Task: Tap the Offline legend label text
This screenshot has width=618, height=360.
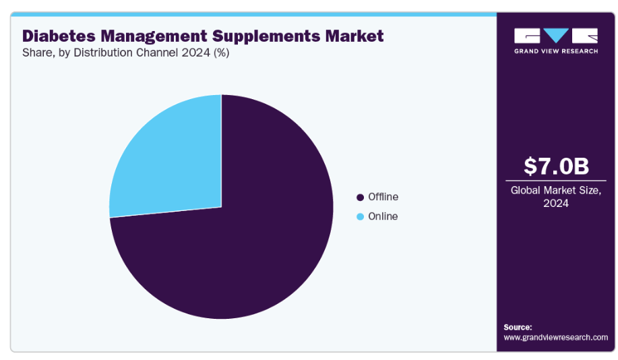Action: (383, 197)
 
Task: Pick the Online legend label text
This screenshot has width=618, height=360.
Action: (383, 216)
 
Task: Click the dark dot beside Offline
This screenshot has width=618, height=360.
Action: (360, 198)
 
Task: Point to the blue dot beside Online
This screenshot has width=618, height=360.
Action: (360, 217)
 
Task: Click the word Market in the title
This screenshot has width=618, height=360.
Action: (357, 36)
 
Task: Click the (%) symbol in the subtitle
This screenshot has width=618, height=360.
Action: (221, 53)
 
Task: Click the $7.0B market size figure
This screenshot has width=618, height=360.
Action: (555, 165)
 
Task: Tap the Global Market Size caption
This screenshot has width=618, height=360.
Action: (555, 190)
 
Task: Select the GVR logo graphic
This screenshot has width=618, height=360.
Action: (555, 36)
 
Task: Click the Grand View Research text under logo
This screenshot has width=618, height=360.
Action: (555, 51)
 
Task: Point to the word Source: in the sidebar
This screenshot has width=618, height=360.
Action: (518, 326)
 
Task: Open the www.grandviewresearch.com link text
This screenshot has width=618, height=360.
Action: (555, 337)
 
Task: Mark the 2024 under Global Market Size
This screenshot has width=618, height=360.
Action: (555, 203)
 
